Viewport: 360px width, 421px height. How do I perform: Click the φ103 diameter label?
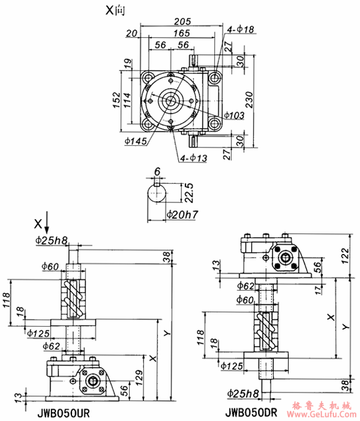pos(233,115)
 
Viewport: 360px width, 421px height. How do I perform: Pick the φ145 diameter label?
pos(135,141)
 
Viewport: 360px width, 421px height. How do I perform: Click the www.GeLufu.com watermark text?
pos(323,414)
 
